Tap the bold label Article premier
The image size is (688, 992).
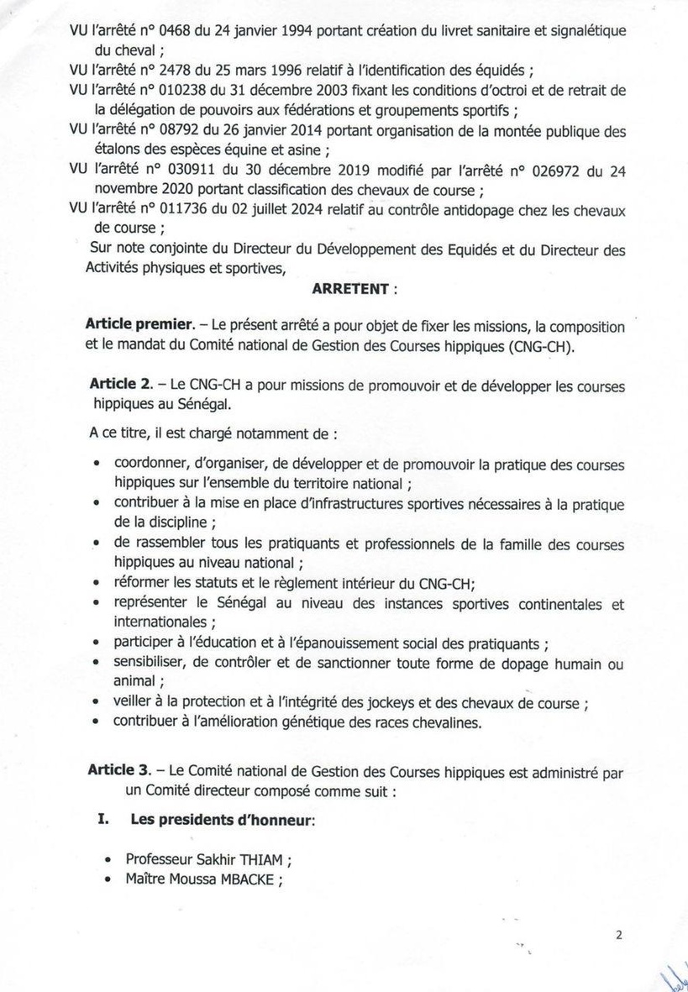point(139,326)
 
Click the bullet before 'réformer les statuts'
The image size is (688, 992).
point(97,584)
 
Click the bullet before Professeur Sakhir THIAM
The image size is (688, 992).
point(108,860)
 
